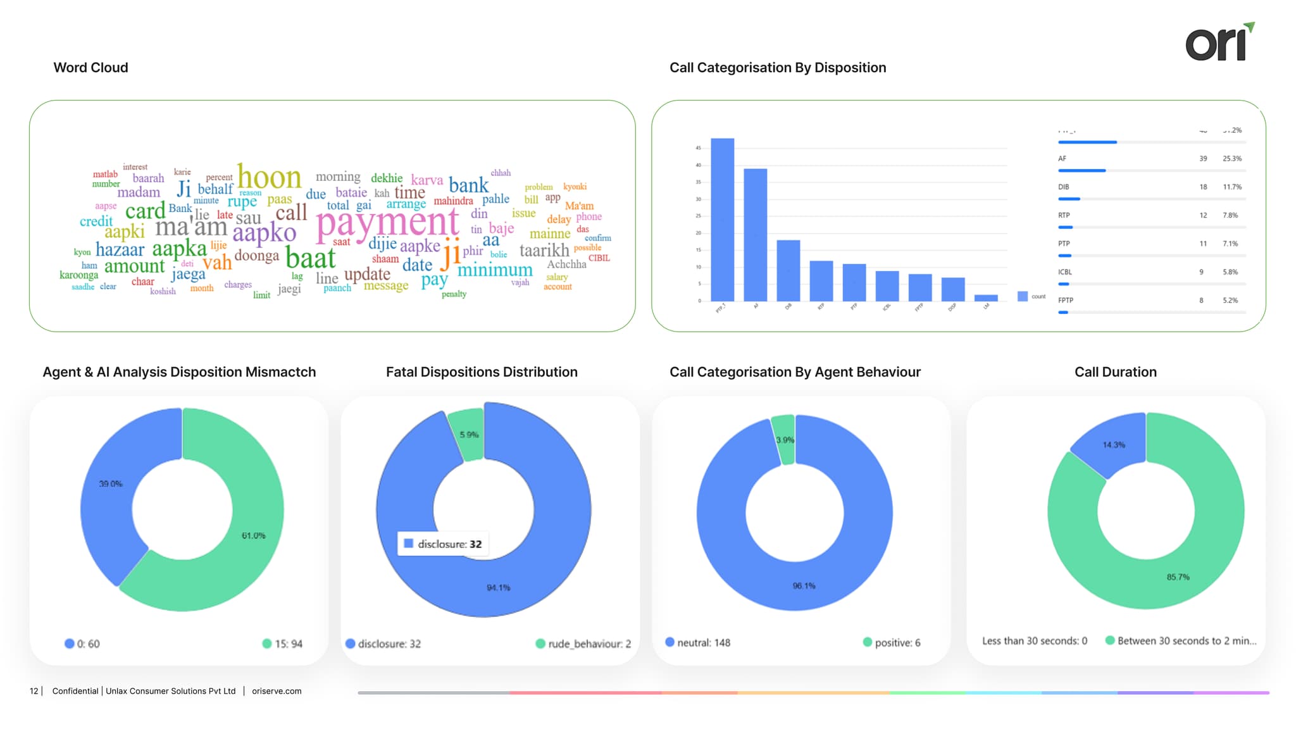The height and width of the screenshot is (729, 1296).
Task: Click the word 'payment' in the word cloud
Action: pos(387,223)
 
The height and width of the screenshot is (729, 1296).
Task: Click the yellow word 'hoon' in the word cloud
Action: pos(269,177)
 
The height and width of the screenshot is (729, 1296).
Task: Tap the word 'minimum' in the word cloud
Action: pos(495,270)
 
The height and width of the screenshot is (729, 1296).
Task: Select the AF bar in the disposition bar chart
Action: pos(755,234)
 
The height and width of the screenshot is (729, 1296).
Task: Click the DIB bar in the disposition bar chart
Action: pos(788,271)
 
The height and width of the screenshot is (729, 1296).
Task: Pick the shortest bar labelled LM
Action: pos(985,297)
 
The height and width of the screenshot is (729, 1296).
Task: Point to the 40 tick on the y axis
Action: pos(699,165)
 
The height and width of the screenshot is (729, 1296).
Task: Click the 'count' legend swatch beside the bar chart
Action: pos(1022,296)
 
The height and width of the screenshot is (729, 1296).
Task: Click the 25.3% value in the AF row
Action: pos(1231,159)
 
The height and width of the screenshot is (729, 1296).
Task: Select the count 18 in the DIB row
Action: pos(1203,187)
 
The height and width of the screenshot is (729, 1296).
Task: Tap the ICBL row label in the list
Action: pos(1064,272)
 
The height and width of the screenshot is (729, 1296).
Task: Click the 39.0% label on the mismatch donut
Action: pos(111,484)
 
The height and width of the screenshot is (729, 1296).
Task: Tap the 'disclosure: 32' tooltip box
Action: pos(443,544)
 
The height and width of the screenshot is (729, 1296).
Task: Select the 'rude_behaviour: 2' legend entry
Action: pos(583,644)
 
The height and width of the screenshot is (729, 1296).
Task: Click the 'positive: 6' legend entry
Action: pos(892,643)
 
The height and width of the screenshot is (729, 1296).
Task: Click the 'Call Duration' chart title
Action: pos(1115,372)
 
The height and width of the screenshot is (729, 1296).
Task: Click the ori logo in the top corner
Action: pos(1219,43)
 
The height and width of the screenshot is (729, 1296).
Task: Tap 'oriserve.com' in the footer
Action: pos(277,691)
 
